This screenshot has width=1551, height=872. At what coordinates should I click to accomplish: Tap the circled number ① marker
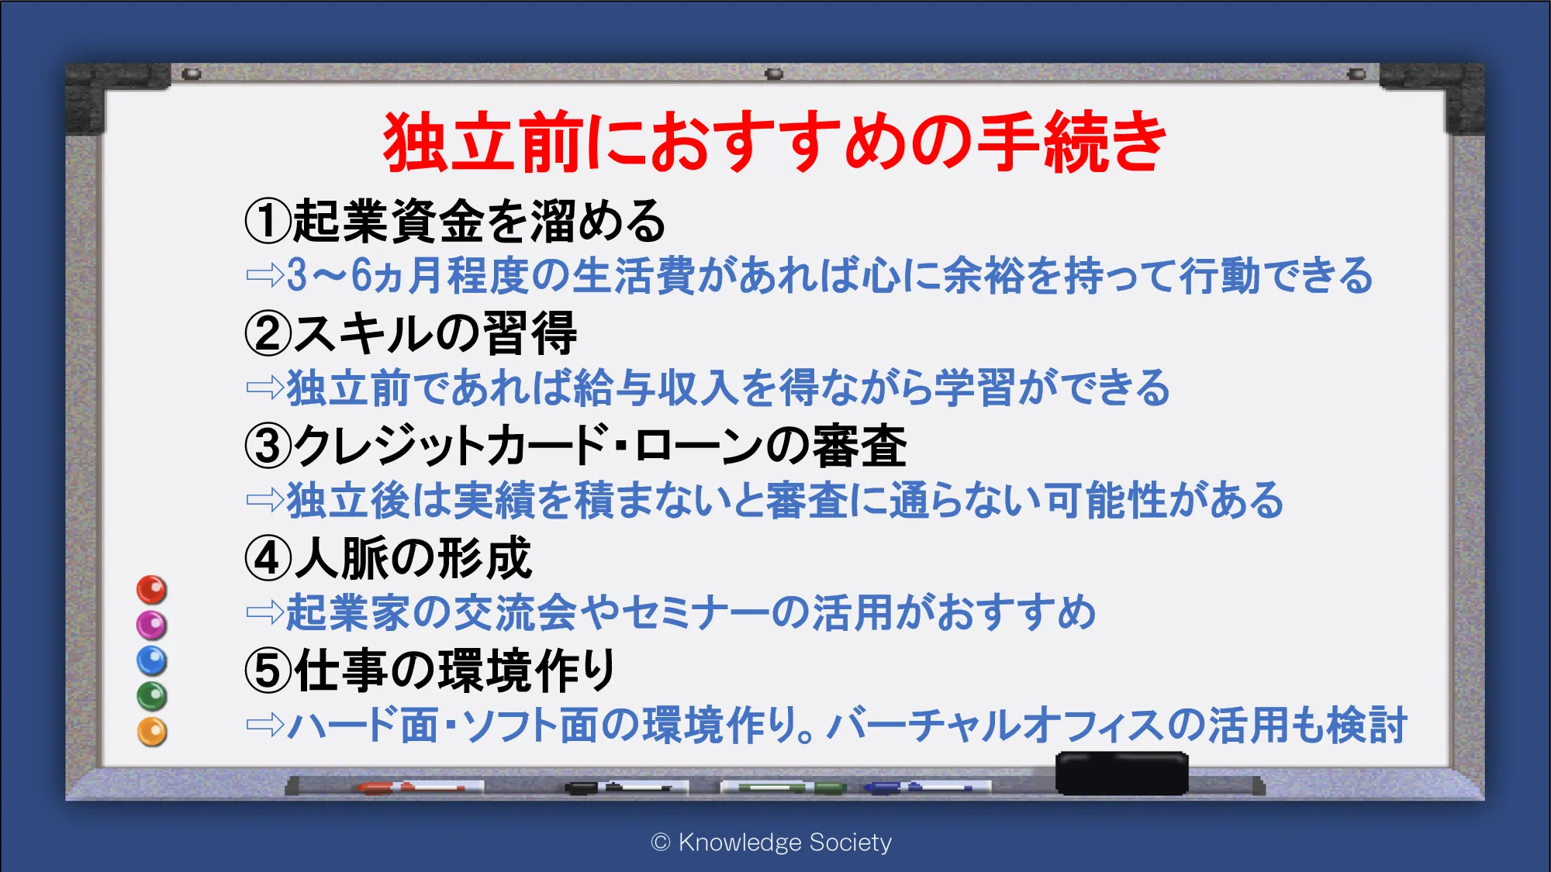[x=268, y=220]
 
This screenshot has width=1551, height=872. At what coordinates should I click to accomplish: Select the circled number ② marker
[x=268, y=333]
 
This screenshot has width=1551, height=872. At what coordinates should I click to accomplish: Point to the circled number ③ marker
[x=268, y=446]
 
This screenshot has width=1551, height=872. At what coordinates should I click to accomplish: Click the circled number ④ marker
[x=268, y=558]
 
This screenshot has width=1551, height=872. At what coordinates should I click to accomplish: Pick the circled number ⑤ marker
[x=268, y=670]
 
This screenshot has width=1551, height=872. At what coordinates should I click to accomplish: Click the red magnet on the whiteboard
[x=152, y=590]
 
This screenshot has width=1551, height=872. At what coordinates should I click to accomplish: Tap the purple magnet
[x=152, y=625]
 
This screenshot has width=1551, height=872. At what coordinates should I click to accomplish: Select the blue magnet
[x=152, y=660]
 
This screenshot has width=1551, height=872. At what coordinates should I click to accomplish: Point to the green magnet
[x=152, y=696]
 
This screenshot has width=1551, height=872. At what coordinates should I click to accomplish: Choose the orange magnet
[x=152, y=732]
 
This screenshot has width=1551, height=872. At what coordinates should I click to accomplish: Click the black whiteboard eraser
[x=1121, y=773]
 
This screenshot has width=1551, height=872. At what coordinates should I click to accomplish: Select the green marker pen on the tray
[x=783, y=788]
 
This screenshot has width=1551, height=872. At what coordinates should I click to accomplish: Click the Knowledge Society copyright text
[x=772, y=842]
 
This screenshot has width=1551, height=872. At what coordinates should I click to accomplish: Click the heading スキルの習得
[x=435, y=333]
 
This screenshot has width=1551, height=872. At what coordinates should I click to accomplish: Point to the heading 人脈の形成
[x=413, y=558]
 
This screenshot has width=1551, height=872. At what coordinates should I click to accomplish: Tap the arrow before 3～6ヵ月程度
[x=264, y=275]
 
